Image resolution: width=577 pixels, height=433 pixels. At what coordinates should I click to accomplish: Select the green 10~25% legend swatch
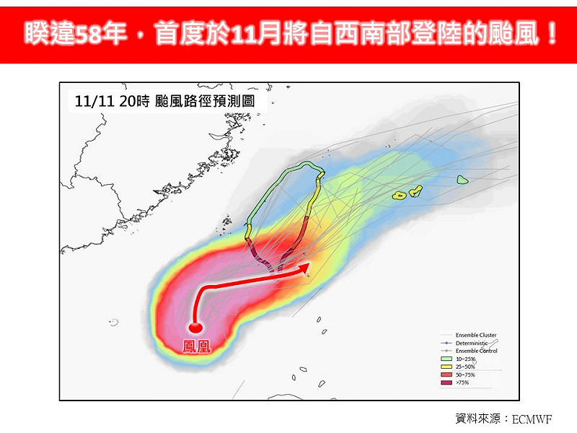pyautogui.click(x=446, y=358)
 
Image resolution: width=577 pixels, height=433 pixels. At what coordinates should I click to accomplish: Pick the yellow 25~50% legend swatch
pyautogui.click(x=446, y=366)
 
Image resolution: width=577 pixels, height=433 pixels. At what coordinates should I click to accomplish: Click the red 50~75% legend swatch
pyautogui.click(x=446, y=374)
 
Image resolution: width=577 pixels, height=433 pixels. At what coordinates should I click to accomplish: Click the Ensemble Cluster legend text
pyautogui.click(x=476, y=335)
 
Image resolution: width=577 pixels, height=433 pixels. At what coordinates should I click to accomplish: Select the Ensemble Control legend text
pyautogui.click(x=476, y=351)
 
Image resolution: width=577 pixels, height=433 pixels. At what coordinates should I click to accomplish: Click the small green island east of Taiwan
pyautogui.click(x=462, y=180)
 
